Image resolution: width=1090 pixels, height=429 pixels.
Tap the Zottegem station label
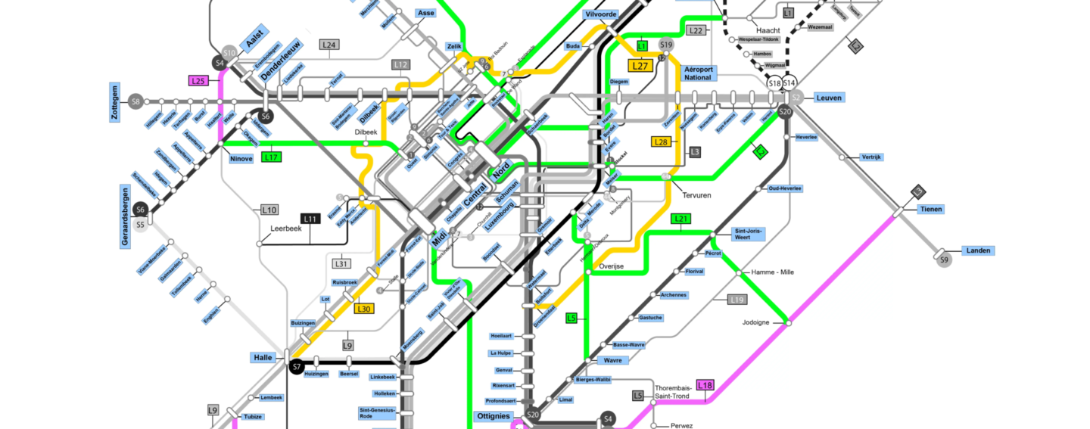coord(115,101)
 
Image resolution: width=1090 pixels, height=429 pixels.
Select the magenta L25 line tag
coord(198,81)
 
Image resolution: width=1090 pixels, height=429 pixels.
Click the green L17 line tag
coord(272,157)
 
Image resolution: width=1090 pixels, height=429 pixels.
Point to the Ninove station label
coord(241,158)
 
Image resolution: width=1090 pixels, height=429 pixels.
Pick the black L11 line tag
coord(311,219)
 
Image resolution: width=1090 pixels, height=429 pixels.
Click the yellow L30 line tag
coord(364,309)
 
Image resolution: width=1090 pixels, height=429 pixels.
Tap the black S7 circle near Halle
coord(297,366)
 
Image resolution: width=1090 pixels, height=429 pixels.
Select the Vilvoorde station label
coord(602,14)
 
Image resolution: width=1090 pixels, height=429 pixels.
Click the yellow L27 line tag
coord(640,66)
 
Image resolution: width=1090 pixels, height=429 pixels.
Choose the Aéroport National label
coord(697,73)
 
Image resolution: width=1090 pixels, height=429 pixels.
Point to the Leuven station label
coord(829,98)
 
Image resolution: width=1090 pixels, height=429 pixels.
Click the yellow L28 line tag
coord(660,141)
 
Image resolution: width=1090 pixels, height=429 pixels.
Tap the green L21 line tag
coord(681,219)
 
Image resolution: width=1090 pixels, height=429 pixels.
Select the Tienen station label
coord(931,210)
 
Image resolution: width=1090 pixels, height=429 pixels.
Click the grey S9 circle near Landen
coord(943,260)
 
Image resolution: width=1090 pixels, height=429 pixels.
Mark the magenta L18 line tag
coord(705,385)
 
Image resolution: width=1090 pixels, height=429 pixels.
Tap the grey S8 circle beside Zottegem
coord(135,101)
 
